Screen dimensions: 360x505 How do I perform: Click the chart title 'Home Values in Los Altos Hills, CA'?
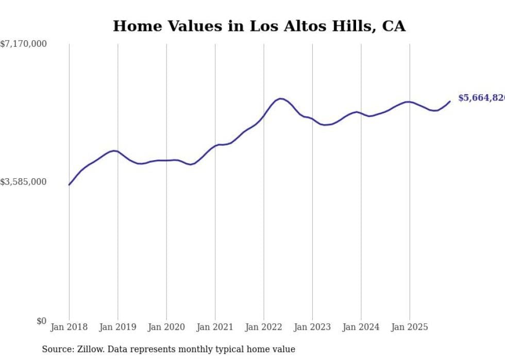[x=259, y=26]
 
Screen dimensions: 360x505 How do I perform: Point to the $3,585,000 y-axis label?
[x=23, y=182]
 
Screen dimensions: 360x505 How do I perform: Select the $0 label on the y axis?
[x=41, y=321]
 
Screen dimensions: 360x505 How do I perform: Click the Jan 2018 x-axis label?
[x=69, y=327]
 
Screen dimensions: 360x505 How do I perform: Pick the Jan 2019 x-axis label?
[x=117, y=327]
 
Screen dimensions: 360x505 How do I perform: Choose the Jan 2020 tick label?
[x=166, y=327]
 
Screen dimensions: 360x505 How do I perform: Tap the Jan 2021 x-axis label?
[x=215, y=327]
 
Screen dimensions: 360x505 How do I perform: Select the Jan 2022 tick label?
[x=264, y=327]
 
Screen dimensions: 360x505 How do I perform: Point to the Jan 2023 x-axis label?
[x=312, y=327]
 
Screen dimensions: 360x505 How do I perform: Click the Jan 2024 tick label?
[x=361, y=327]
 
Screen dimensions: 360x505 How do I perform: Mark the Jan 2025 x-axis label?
[x=410, y=327]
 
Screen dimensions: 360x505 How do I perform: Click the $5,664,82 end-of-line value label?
[x=481, y=98]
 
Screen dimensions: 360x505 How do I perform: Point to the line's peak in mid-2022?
[x=280, y=98]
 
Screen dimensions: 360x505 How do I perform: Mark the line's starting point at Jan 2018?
[x=69, y=184]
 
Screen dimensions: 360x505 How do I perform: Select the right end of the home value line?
[x=450, y=101]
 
